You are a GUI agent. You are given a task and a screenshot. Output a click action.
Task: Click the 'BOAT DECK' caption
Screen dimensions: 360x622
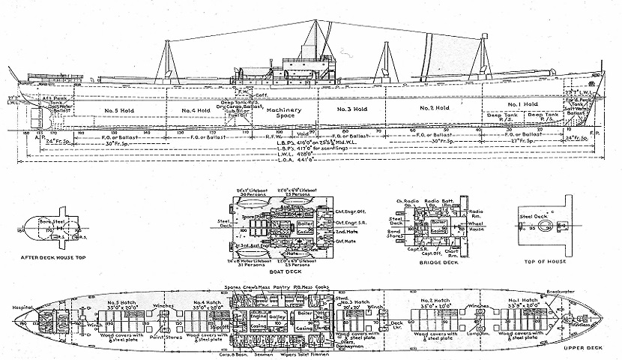[274, 275]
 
